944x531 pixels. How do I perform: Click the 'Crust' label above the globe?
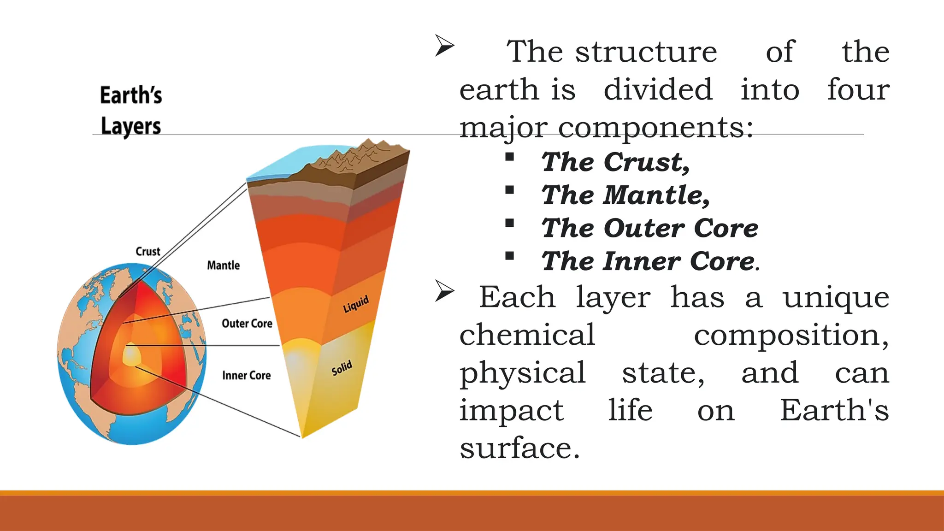coord(147,252)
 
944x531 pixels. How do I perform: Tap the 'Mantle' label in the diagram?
coord(224,265)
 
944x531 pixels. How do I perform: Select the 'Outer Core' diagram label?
coord(247,324)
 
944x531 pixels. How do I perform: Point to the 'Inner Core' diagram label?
coord(247,376)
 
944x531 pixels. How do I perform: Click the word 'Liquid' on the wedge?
coord(356,304)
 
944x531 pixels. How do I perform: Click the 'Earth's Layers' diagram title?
coord(131,111)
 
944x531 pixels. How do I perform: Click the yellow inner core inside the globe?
coord(131,355)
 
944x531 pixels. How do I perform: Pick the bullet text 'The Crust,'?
coord(616,162)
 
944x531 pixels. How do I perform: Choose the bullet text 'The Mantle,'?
coord(625,195)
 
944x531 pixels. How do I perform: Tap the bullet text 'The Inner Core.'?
coord(650,262)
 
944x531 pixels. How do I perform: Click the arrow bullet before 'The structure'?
coord(445,46)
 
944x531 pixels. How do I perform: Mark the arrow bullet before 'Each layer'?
coord(445,291)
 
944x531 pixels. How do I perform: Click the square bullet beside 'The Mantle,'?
coord(509,190)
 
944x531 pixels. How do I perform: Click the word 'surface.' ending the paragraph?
coord(519,448)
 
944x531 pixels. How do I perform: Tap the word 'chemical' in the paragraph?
coord(527,335)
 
